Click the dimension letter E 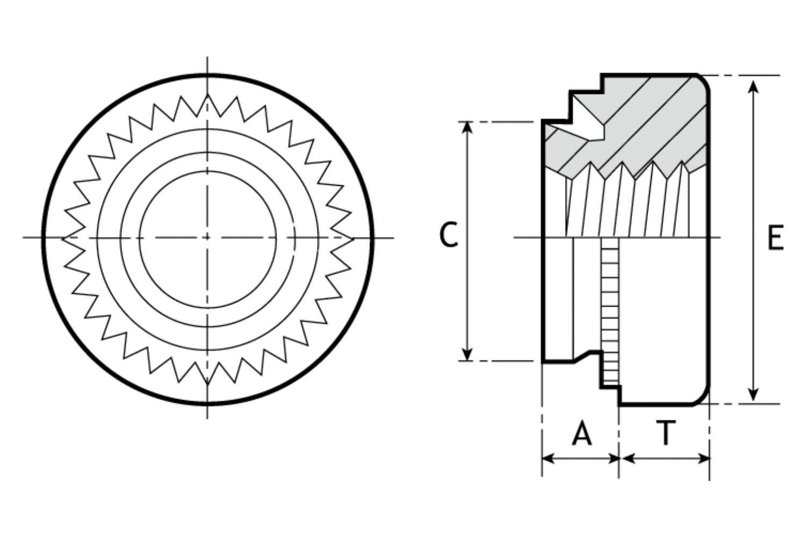[x=774, y=237]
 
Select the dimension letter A [x=581, y=433]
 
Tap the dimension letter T [x=665, y=433]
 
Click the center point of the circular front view [x=207, y=237]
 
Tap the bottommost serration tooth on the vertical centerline [x=207, y=382]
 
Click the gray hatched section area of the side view [x=656, y=124]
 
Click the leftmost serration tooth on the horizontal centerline [x=65, y=237]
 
